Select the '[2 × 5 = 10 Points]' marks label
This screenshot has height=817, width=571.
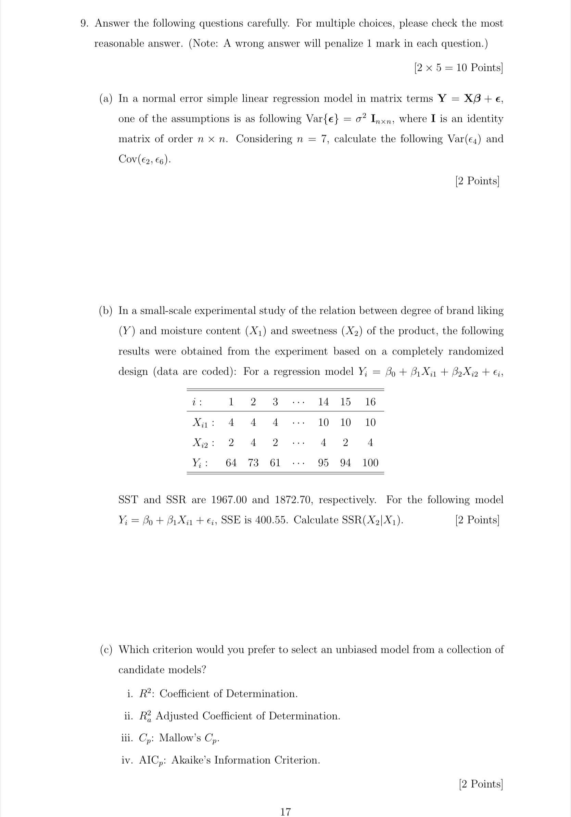tap(458, 68)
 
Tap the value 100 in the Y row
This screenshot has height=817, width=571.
tap(370, 463)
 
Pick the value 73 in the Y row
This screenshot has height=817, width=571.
tap(253, 463)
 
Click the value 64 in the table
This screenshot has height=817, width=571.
tap(231, 463)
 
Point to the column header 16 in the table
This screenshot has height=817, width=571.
tap(370, 402)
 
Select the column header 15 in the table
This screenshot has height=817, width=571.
tap(345, 402)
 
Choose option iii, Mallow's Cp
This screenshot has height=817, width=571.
tap(170, 738)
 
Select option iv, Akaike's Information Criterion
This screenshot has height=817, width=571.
tap(220, 760)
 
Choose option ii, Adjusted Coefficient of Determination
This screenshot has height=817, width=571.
tap(232, 716)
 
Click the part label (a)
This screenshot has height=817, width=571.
tap(106, 99)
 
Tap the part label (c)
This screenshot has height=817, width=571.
tap(106, 649)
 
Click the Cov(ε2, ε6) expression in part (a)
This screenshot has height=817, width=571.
tap(144, 159)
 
